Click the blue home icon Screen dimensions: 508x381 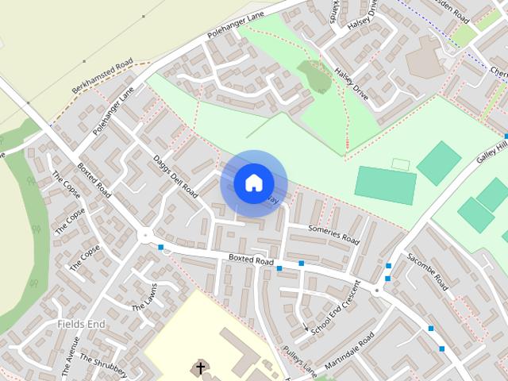(x=253, y=183)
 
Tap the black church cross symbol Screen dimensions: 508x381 (x=201, y=368)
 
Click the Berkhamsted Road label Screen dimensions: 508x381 (x=102, y=76)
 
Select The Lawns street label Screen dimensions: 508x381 (x=144, y=296)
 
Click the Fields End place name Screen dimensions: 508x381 (x=81, y=325)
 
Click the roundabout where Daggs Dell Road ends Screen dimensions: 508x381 (x=145, y=235)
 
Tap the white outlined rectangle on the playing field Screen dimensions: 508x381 (x=401, y=164)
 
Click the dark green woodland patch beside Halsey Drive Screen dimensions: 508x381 (x=315, y=76)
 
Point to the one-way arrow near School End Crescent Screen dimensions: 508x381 (x=306, y=328)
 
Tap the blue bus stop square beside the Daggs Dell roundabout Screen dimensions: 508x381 (x=161, y=248)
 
